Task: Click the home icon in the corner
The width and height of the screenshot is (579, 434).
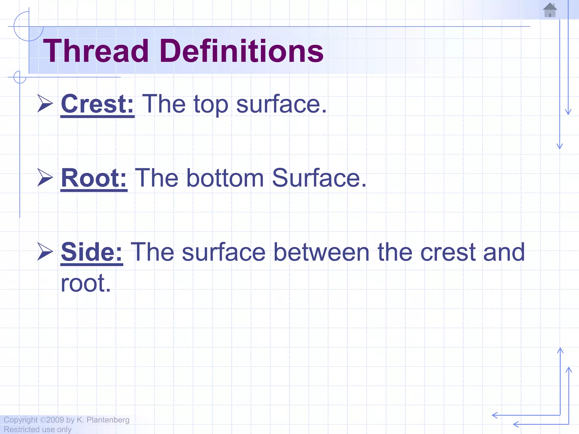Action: tap(550, 10)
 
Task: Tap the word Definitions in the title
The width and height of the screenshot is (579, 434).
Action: tap(242, 51)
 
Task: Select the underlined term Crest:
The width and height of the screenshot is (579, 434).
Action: tap(98, 104)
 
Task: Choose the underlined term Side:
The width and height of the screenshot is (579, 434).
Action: tap(92, 252)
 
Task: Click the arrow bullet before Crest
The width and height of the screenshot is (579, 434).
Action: tap(45, 103)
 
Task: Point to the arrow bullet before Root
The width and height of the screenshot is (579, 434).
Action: tap(45, 177)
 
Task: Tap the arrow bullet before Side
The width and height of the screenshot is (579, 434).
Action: tap(45, 251)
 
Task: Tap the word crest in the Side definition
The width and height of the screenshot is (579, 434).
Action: tap(448, 252)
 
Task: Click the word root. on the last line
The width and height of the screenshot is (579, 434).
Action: tap(86, 283)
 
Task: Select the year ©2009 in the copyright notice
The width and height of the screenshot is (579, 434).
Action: tap(52, 420)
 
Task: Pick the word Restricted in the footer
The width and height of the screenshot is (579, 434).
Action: tap(21, 429)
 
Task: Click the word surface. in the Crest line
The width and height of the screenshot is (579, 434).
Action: tap(281, 104)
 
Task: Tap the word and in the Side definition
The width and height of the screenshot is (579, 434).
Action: tap(504, 252)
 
